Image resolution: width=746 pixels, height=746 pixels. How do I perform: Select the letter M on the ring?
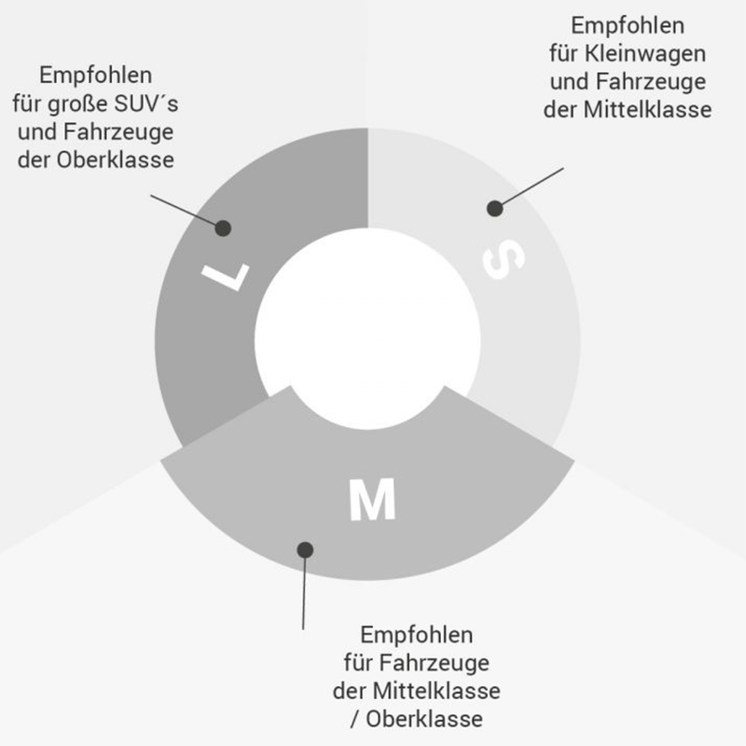tap(372, 501)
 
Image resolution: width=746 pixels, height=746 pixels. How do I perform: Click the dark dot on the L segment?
tap(223, 227)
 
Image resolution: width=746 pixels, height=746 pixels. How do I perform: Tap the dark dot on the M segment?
tap(305, 549)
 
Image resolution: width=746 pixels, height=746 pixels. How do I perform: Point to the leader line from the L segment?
tap(185, 211)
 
